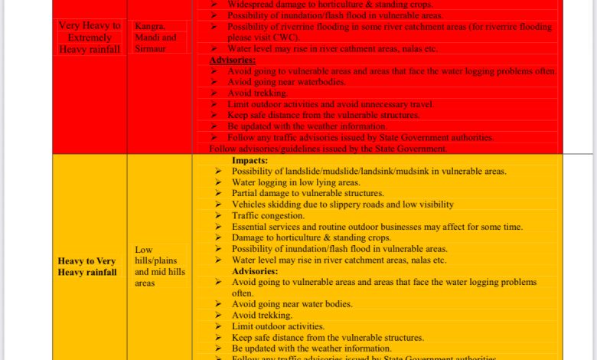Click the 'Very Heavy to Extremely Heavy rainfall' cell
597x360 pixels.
coord(90,38)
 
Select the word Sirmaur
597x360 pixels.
coord(150,48)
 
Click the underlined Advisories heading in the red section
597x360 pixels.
coord(233,60)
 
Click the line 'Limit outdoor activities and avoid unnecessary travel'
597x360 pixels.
coord(330,104)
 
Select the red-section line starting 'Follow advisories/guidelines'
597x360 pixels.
coord(328,149)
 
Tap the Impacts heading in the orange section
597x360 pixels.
coord(250,161)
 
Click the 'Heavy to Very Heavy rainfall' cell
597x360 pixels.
coord(87,267)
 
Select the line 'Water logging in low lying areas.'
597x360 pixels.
coord(295,182)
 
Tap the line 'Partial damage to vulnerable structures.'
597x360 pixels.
coord(308,194)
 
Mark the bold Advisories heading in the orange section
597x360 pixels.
coord(255,271)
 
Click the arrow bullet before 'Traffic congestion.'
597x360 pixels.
coord(219,216)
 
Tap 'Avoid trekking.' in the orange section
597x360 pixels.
coord(262,315)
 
